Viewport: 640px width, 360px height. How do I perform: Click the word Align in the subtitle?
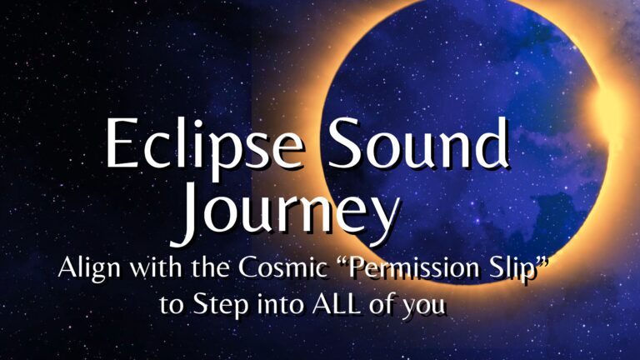89,268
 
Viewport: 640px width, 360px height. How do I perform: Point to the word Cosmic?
282,267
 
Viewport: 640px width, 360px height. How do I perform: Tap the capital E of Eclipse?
122,142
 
